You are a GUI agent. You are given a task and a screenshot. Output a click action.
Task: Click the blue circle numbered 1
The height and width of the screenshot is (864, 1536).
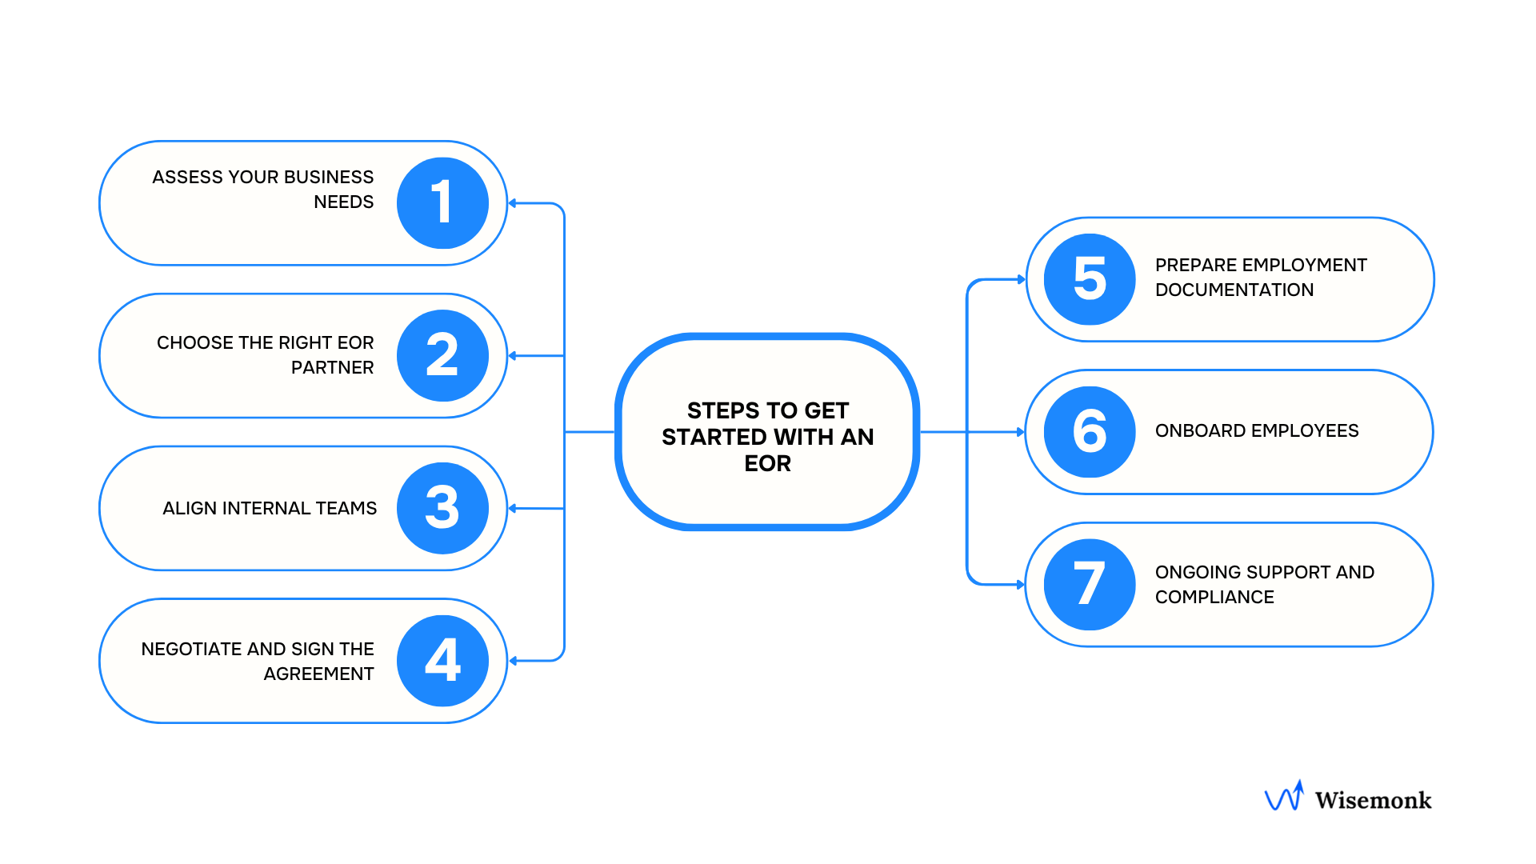(x=442, y=203)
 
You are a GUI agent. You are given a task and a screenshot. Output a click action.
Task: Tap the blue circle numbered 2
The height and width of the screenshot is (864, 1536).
(x=442, y=355)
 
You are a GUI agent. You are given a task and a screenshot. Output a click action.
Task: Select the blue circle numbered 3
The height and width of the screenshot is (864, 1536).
(x=442, y=508)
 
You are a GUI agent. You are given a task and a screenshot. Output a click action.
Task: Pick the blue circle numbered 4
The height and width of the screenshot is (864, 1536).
(x=442, y=661)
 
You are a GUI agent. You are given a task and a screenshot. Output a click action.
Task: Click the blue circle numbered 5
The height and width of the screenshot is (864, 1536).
(x=1090, y=279)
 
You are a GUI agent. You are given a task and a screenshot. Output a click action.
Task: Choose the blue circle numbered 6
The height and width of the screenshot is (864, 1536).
(x=1090, y=432)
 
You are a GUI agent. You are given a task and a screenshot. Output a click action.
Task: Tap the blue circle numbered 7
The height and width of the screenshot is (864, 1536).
(x=1090, y=584)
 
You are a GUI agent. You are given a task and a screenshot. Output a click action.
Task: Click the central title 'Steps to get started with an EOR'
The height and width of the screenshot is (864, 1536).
(x=767, y=436)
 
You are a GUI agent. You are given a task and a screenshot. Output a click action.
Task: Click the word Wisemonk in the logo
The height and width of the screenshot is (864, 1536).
(x=1373, y=800)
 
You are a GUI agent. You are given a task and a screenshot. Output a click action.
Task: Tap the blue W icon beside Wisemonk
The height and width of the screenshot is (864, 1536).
(x=1284, y=797)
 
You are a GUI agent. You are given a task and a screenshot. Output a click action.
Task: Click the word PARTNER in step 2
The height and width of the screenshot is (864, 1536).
(x=332, y=367)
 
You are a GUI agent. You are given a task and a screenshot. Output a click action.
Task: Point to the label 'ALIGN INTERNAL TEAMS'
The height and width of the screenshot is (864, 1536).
(x=270, y=508)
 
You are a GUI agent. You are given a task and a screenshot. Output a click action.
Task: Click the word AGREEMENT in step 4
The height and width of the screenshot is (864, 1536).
(x=318, y=674)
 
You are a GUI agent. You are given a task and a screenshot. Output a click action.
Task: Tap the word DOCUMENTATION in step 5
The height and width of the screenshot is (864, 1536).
(x=1234, y=290)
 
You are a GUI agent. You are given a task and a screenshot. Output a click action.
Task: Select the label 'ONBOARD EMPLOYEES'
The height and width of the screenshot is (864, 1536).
(x=1256, y=430)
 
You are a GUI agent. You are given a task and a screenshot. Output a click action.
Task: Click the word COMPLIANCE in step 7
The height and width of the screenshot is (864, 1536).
(x=1214, y=597)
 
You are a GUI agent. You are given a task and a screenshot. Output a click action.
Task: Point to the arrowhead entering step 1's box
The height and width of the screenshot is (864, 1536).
(x=513, y=203)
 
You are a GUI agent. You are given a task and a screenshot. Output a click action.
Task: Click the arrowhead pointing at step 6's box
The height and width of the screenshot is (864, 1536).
(x=1020, y=432)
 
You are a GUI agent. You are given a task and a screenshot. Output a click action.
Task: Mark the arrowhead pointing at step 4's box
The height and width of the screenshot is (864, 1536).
(x=513, y=661)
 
